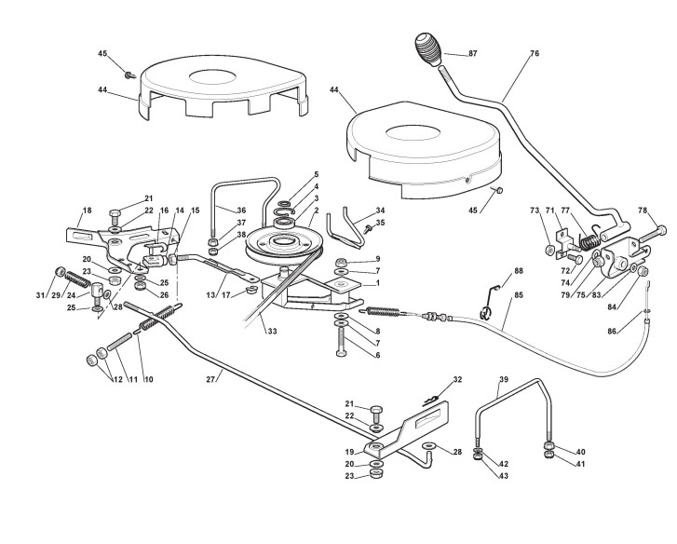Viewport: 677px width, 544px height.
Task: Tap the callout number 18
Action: coord(87,211)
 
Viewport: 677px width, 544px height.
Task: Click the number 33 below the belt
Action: coord(272,331)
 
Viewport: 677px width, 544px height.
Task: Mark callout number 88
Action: coord(520,271)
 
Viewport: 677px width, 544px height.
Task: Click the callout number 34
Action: coord(379,211)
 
